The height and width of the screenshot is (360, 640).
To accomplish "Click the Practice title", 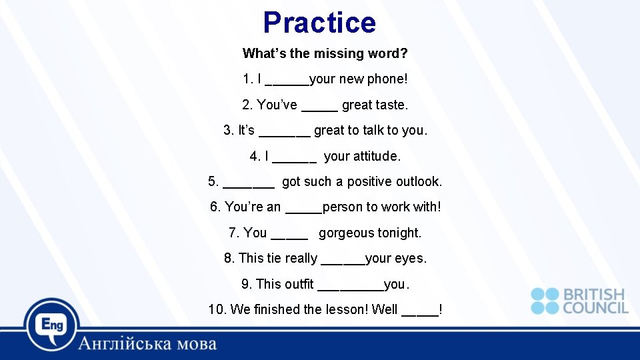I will pyautogui.click(x=319, y=23).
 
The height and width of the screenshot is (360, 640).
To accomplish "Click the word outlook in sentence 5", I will pyautogui.click(x=419, y=182).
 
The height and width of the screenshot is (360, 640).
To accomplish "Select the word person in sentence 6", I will pyautogui.click(x=343, y=207).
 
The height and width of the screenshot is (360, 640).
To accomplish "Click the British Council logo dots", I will pyautogui.click(x=545, y=301).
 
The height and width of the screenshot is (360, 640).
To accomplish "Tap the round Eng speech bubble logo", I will pyautogui.click(x=51, y=325).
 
